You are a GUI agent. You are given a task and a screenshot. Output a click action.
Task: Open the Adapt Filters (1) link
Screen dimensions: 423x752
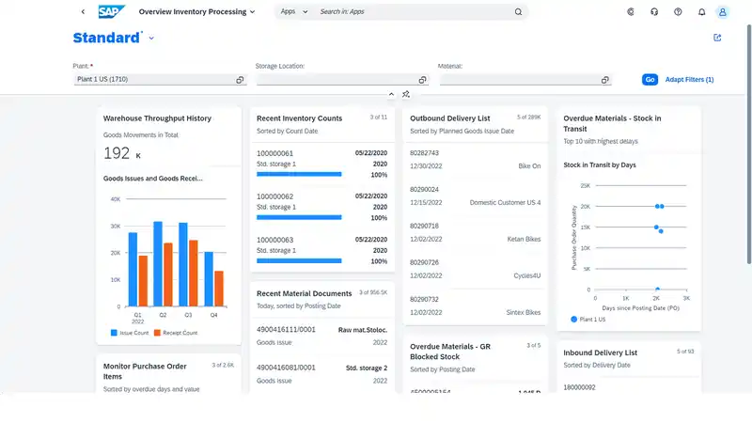point(689,80)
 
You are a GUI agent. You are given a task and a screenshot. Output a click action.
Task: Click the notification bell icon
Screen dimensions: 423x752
point(701,12)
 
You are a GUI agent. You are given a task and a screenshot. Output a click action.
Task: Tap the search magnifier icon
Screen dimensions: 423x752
point(518,12)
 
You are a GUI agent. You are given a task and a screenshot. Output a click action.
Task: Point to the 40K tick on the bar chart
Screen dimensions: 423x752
point(116,199)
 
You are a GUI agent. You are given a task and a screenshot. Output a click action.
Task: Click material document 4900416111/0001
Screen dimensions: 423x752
point(286,330)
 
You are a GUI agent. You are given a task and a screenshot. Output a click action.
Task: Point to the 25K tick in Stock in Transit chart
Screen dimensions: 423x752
point(584,185)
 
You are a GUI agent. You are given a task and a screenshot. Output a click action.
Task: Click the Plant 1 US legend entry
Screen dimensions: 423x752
point(594,320)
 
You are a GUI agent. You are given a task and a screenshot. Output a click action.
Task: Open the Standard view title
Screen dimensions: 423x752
point(107,39)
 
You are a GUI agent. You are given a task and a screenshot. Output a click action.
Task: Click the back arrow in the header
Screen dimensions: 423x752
point(83,12)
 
